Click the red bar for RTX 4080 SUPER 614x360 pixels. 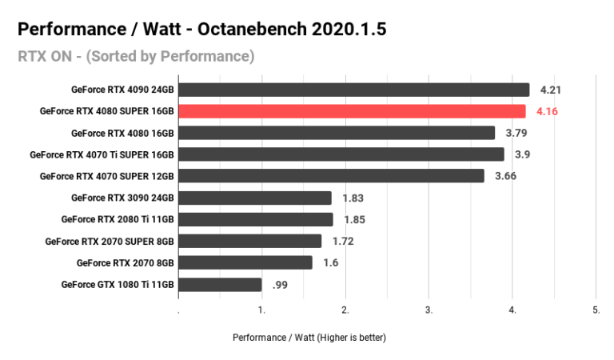tap(352, 111)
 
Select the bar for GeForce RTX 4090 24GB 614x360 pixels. tap(353, 90)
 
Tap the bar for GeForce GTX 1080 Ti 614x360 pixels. tap(220, 284)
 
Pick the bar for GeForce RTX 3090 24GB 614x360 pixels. tap(254, 198)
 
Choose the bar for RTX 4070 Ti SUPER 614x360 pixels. tap(341, 154)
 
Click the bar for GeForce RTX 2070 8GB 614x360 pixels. tap(245, 262)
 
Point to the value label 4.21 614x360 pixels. tap(550, 90)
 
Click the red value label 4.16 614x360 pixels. tap(547, 111)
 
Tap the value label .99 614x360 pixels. tap(281, 284)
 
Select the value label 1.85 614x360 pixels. tap(354, 219)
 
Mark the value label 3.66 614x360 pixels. tap(505, 176)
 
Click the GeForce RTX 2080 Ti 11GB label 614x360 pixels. tap(118, 219)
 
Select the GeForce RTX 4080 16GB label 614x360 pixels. tap(122, 133)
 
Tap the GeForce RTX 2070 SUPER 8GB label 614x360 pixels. tap(110, 241)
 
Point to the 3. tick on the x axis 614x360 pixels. tap(429, 309)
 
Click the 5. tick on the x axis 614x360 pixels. tap(596, 309)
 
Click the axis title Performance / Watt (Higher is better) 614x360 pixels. tap(309, 338)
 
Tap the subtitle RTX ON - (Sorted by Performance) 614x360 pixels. tap(136, 56)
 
